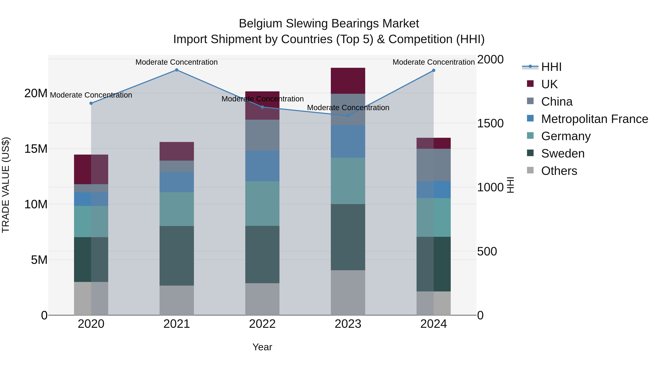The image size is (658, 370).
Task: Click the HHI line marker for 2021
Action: click(x=177, y=70)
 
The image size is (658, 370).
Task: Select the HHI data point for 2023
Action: click(x=348, y=116)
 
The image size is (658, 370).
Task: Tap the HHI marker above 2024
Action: click(x=434, y=71)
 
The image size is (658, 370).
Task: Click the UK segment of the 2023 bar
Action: click(x=348, y=81)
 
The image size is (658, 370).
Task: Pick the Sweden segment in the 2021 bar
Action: click(x=177, y=256)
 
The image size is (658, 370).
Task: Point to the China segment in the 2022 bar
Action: click(x=262, y=135)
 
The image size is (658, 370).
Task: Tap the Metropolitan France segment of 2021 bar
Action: click(x=177, y=182)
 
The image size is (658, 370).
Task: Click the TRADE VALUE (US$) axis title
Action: click(x=6, y=185)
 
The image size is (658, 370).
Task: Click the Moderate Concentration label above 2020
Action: click(x=91, y=95)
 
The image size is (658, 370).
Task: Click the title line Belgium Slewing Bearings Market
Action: click(x=329, y=24)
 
